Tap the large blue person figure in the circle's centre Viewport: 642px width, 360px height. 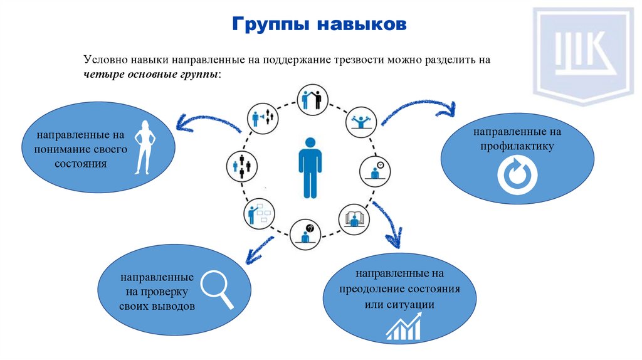pyautogui.click(x=310, y=167)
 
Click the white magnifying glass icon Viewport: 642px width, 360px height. pyautogui.click(x=217, y=288)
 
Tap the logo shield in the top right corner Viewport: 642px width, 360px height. pyautogui.click(x=582, y=54)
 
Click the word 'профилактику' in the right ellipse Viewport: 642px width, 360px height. pyautogui.click(x=517, y=146)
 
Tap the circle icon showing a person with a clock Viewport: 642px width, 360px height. pyautogui.click(x=376, y=170)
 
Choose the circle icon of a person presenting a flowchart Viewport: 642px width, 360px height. pyautogui.click(x=257, y=214)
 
